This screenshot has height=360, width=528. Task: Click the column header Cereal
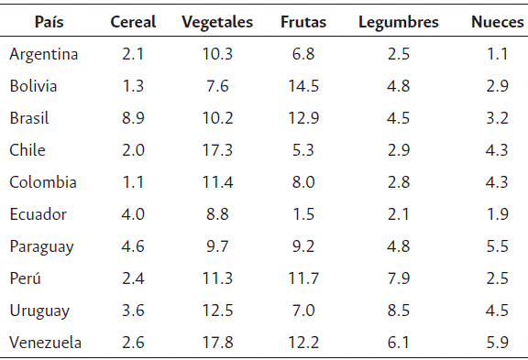(x=133, y=22)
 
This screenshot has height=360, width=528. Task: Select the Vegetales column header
(x=217, y=22)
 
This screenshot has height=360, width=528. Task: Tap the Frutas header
(x=302, y=22)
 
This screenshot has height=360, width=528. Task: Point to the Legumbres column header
(x=398, y=22)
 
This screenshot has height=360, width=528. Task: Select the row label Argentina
(x=44, y=54)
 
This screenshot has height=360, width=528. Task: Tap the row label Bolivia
(x=34, y=86)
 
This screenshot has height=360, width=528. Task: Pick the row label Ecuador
(x=38, y=214)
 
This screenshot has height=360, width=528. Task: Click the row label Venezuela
(x=46, y=343)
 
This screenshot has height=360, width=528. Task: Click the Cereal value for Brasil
(x=133, y=118)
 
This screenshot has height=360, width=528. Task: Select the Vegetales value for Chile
(x=217, y=150)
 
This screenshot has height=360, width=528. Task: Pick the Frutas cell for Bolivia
(x=302, y=86)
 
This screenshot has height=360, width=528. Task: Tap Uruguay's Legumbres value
(x=398, y=311)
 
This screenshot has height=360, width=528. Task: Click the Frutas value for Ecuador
(x=302, y=214)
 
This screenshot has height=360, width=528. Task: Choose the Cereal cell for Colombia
(x=133, y=182)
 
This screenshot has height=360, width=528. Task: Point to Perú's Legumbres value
(x=398, y=278)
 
